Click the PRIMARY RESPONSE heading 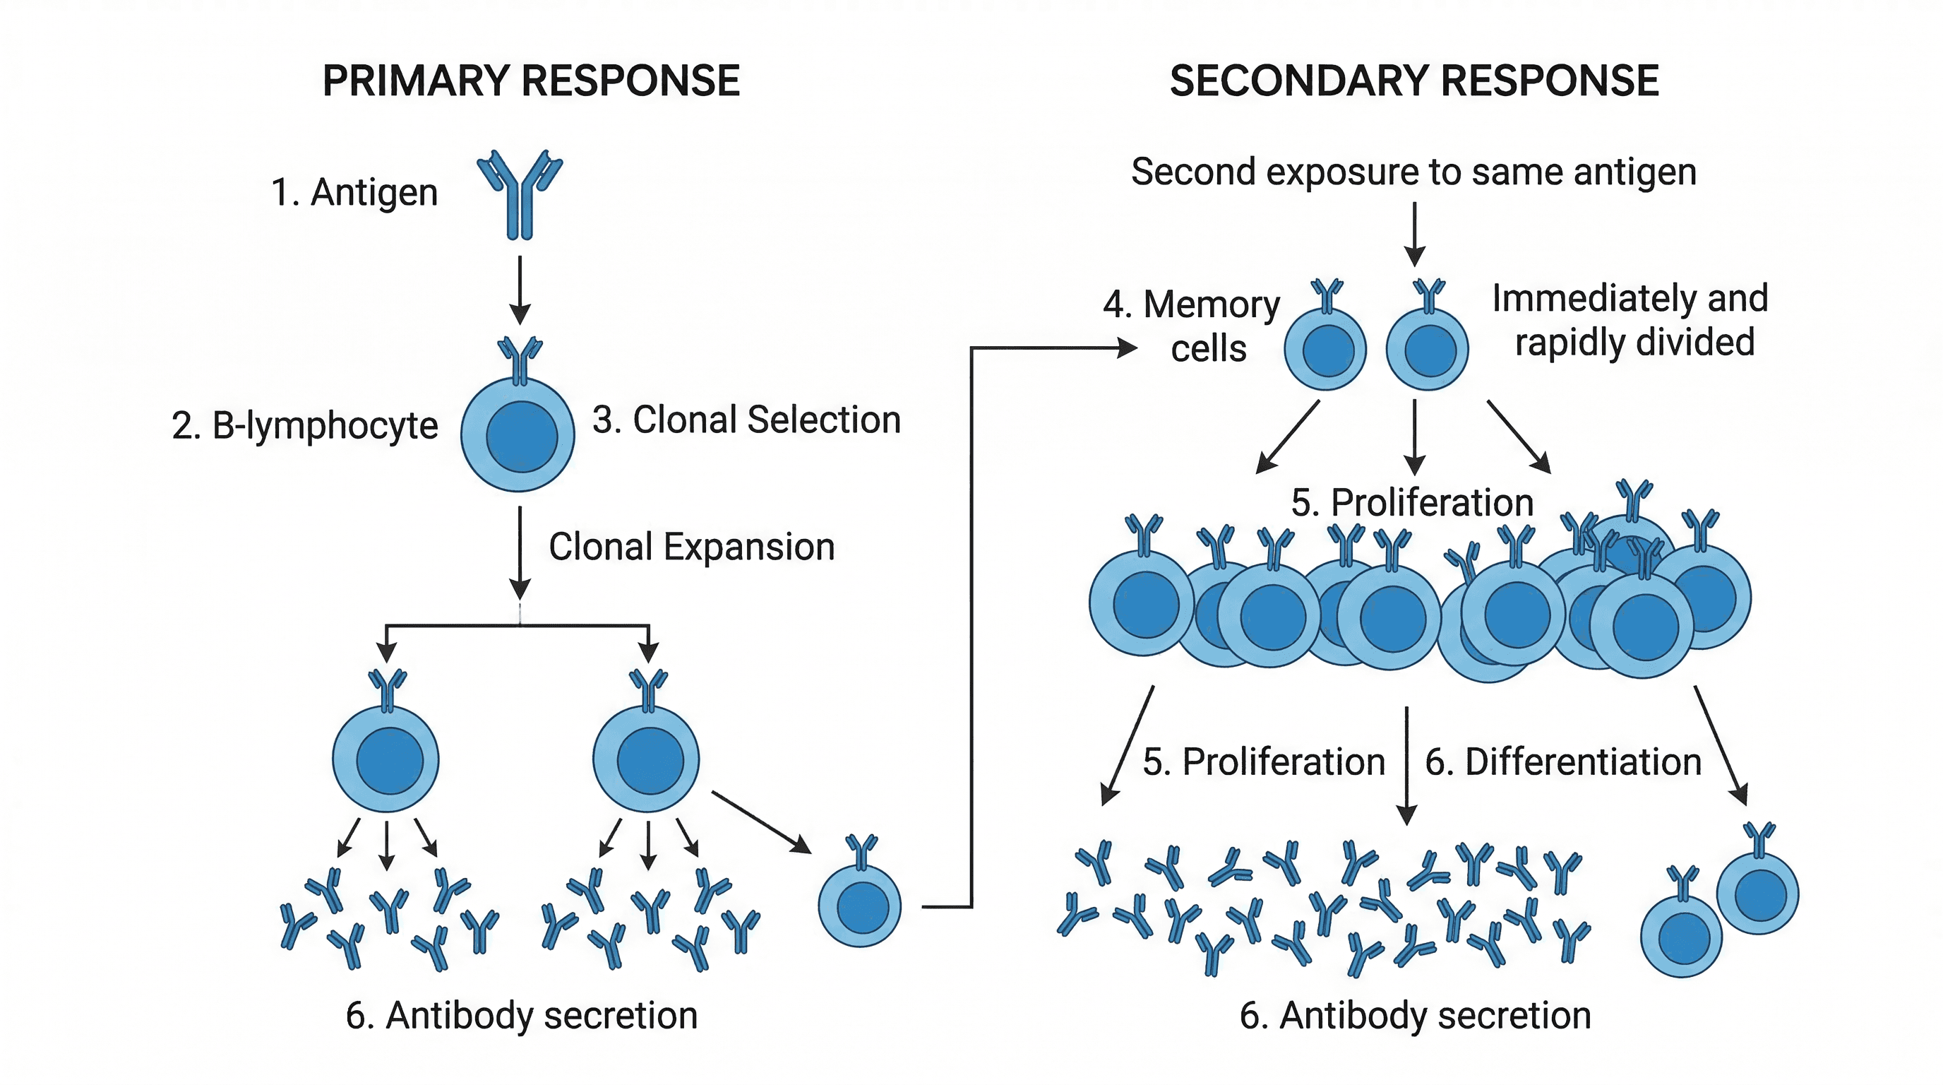pos(531,81)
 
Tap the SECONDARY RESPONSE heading pos(1413,81)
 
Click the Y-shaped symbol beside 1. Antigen pos(520,195)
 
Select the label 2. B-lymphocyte pos(305,425)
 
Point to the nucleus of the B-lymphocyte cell pos(521,437)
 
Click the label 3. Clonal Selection pos(746,420)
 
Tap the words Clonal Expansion pos(692,546)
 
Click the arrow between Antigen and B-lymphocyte pos(520,290)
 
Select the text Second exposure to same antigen pos(1413,172)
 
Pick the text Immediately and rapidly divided pos(1630,320)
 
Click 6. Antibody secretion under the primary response pos(521,1016)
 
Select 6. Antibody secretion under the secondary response pos(1415,1016)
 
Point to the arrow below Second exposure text pos(1415,234)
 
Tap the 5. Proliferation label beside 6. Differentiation pos(1263,762)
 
